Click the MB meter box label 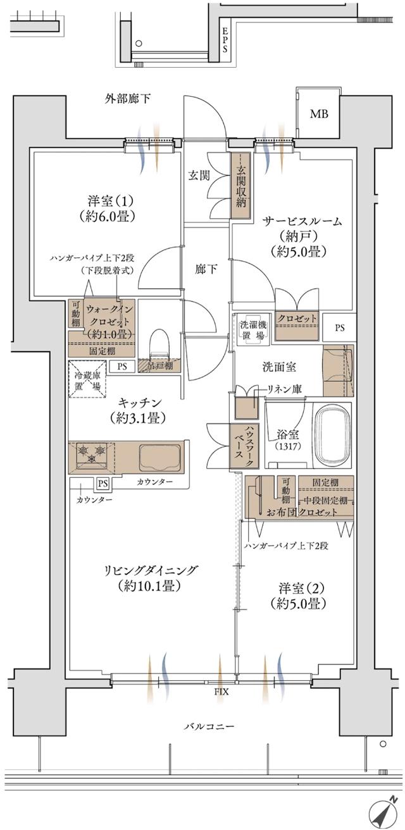click(x=319, y=114)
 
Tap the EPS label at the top click(x=225, y=42)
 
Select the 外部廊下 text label click(x=128, y=99)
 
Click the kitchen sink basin click(x=160, y=456)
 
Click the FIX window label click(x=220, y=692)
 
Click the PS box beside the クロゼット click(x=340, y=327)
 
